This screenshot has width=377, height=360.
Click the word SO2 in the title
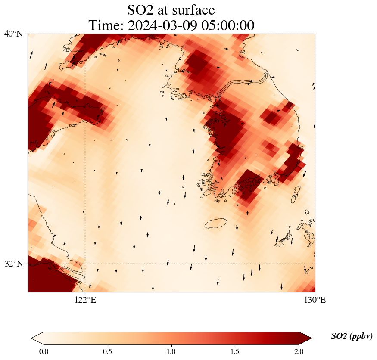click(141, 9)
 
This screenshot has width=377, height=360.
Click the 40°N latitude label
click(13, 34)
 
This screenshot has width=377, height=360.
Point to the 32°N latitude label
click(13, 264)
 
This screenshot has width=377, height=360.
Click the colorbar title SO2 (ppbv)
click(352, 336)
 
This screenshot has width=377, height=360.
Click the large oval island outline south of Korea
click(216, 223)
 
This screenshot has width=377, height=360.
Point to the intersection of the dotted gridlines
click(85, 264)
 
